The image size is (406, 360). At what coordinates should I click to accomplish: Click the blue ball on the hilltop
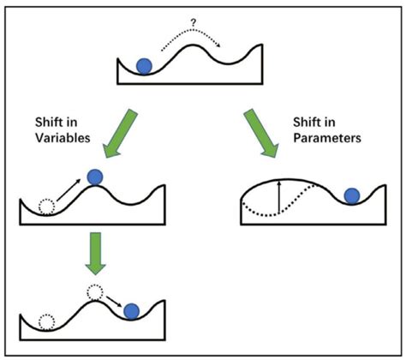pos(94,177)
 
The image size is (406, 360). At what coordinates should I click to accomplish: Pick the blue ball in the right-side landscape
pos(351,195)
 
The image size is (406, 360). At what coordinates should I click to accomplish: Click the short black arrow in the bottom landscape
pos(112,302)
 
